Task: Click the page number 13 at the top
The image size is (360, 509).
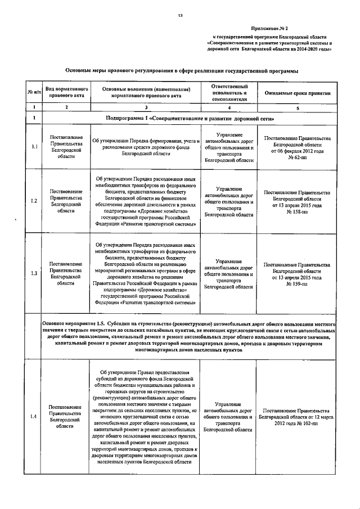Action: [181, 16]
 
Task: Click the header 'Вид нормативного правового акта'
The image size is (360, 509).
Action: [66, 92]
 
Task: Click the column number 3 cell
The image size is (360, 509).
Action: [146, 107]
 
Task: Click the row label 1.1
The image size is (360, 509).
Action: [34, 148]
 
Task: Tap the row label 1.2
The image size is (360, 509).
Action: [34, 201]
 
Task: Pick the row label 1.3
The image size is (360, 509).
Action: [34, 273]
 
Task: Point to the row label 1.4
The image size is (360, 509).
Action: [34, 416]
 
